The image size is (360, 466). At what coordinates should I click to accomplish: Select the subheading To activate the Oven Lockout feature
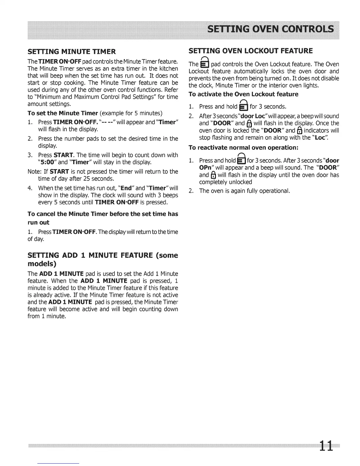coord(243,94)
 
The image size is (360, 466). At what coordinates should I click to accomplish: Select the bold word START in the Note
coord(59,172)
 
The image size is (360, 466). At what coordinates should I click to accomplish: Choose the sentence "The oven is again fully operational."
coord(244,191)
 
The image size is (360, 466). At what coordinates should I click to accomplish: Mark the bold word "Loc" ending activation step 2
coord(319,137)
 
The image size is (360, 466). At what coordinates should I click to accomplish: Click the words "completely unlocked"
coord(225,182)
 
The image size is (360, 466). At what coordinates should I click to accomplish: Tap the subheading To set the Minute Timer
coord(62,113)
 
